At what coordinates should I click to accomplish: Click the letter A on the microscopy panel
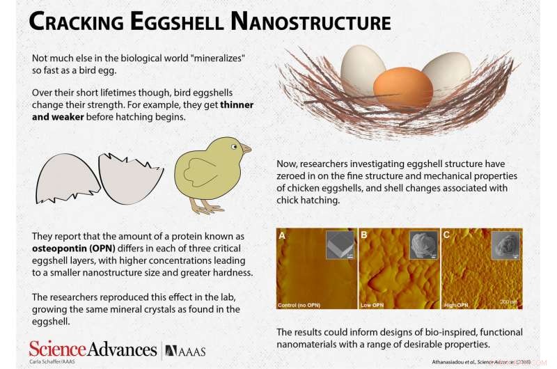pyautogui.click(x=283, y=236)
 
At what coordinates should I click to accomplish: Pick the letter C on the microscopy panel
pyautogui.click(x=446, y=236)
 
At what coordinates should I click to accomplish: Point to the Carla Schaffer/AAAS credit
pyautogui.click(x=51, y=362)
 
